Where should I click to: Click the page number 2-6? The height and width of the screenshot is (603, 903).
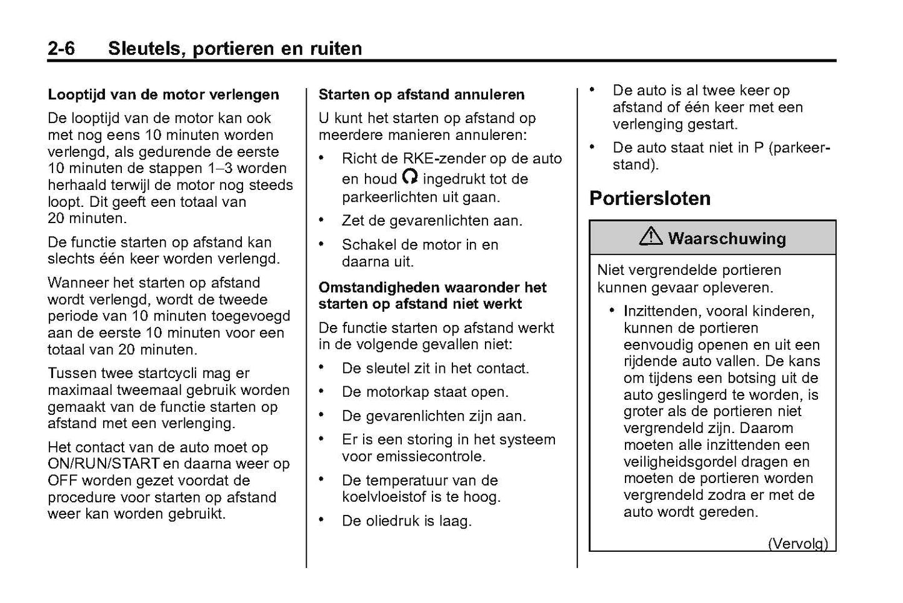(x=61, y=49)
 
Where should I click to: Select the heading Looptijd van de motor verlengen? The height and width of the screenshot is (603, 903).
(x=163, y=95)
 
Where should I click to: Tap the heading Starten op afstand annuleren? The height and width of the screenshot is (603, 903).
(x=421, y=95)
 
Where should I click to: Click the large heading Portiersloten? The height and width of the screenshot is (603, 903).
(x=650, y=198)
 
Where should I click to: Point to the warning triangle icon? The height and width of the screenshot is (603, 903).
(x=651, y=237)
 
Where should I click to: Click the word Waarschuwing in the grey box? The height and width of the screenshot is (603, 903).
(x=727, y=238)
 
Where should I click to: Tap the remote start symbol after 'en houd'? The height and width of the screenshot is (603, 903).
(x=410, y=177)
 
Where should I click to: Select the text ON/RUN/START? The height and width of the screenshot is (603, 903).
(x=104, y=464)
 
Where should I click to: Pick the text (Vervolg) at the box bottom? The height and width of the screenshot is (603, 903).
(x=797, y=543)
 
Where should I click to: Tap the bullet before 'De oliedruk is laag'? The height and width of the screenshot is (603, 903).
(x=322, y=520)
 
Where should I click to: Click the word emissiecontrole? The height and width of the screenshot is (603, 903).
(x=413, y=457)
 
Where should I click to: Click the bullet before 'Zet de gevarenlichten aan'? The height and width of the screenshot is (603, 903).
(x=322, y=220)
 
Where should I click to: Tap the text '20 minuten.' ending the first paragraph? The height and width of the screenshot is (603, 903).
(x=87, y=219)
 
